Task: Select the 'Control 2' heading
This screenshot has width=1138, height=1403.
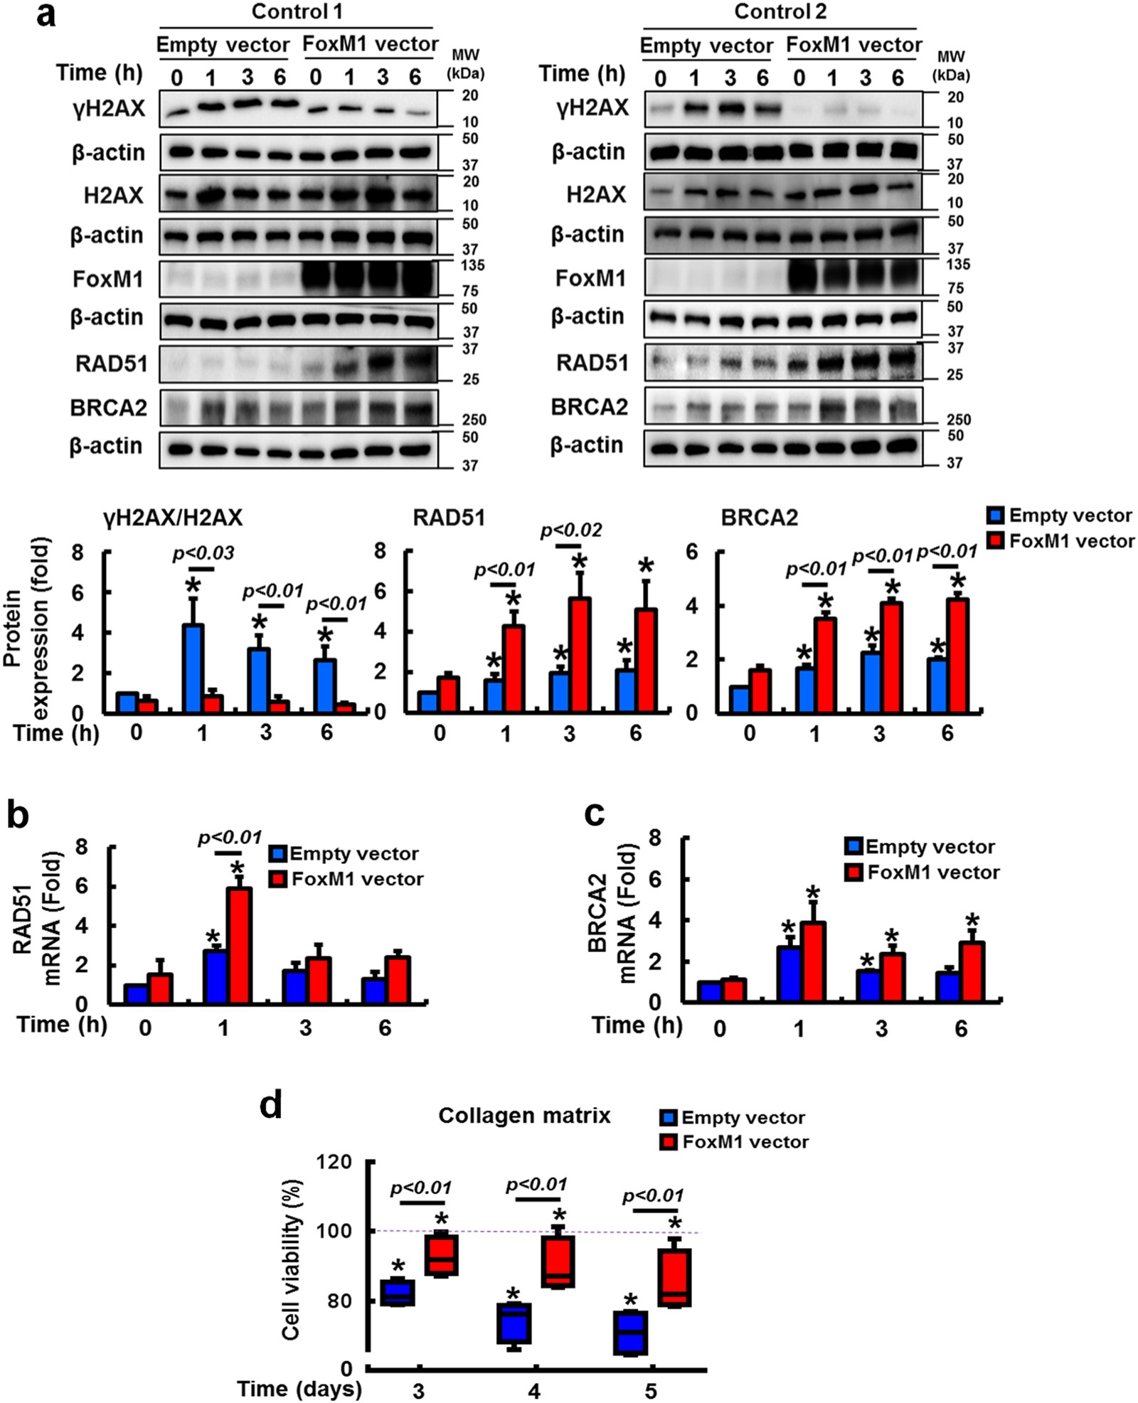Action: tap(780, 11)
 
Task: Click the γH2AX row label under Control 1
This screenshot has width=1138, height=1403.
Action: tap(109, 109)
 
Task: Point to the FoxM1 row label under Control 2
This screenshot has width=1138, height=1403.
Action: tap(590, 278)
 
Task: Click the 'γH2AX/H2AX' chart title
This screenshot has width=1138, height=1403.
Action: tap(173, 518)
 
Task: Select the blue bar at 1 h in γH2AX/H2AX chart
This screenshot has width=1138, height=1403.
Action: tap(193, 667)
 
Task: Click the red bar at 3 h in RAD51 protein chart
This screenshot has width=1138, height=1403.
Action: tap(579, 654)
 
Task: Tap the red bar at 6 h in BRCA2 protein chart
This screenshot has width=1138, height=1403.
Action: tap(958, 655)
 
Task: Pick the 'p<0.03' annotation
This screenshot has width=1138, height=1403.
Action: tap(203, 553)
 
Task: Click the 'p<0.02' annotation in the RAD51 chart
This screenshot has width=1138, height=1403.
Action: tap(570, 530)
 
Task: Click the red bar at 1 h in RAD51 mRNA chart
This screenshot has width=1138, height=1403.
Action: tap(239, 945)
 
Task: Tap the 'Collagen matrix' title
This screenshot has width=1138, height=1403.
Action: tap(524, 1115)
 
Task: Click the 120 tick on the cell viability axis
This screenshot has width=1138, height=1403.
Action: tap(337, 1162)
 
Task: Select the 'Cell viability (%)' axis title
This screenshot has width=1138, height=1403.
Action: tap(291, 1260)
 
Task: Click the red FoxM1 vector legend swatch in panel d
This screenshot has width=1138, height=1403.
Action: tap(668, 1142)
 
